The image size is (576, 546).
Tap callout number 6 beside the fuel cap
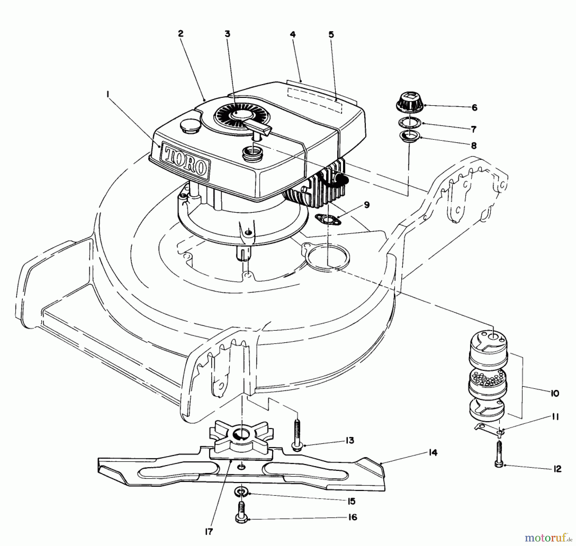(474, 107)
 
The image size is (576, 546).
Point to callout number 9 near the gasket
(367, 205)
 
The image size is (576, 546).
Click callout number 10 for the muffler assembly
(555, 393)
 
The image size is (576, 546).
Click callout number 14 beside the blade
(433, 453)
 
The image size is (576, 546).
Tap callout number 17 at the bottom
(208, 532)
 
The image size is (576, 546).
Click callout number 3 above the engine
(227, 34)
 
